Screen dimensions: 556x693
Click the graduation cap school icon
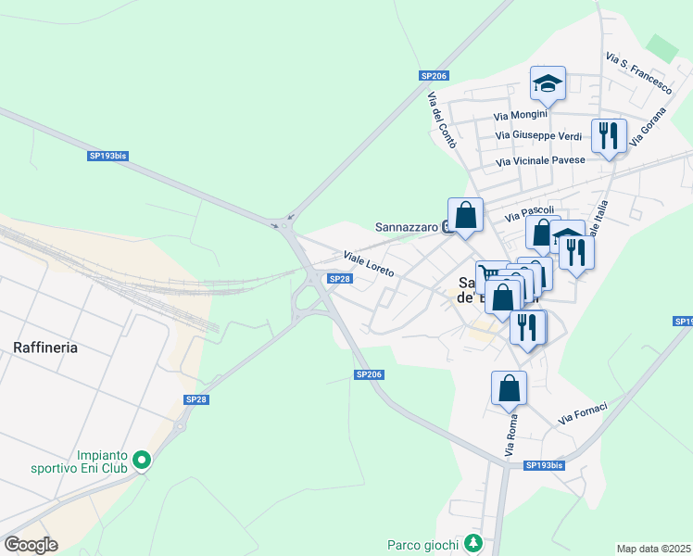coord(548,84)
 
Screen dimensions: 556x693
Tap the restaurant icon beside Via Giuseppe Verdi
coord(609,136)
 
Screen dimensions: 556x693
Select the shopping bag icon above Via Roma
coord(509,388)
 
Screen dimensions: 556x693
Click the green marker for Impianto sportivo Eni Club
coord(142,460)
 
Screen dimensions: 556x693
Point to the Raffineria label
coord(45,347)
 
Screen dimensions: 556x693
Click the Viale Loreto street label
coord(369,264)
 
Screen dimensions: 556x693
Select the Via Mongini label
coord(521,116)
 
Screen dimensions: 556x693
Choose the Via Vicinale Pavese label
coord(541,161)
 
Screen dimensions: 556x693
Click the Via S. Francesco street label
coord(638,73)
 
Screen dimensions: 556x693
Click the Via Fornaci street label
coord(583,414)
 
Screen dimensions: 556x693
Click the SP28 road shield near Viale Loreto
coord(340,279)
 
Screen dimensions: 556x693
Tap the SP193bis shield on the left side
coord(107,157)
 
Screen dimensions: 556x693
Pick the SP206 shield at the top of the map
coord(434,76)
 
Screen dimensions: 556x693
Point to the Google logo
coord(31,544)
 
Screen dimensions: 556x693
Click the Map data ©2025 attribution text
coord(653,549)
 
